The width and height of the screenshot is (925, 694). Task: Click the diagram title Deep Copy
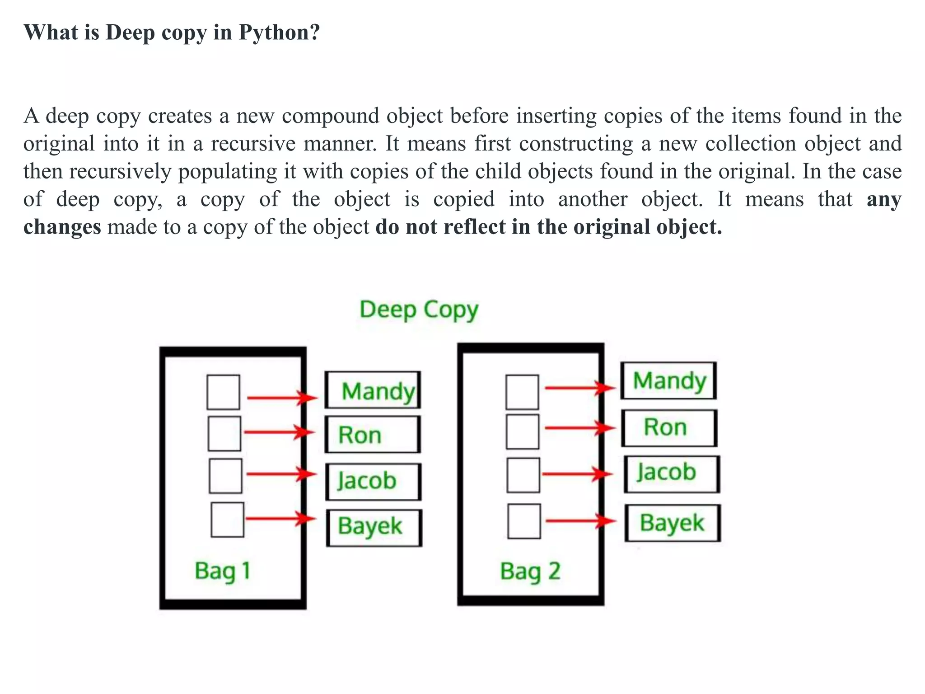point(419,310)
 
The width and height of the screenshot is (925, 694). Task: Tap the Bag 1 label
point(222,571)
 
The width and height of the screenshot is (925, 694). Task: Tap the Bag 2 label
point(530,571)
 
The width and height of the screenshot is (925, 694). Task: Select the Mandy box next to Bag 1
point(373,390)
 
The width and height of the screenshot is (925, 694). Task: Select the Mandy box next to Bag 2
point(668,380)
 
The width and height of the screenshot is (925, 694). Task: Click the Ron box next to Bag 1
point(373,435)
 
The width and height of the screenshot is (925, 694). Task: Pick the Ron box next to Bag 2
point(669,427)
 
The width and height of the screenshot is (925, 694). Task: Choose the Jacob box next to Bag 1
point(374,481)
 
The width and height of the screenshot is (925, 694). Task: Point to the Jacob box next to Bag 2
point(672,474)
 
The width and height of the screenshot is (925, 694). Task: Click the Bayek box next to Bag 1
point(374,527)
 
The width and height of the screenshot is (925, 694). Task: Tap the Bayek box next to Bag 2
point(673,523)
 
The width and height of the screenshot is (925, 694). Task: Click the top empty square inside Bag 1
point(223,392)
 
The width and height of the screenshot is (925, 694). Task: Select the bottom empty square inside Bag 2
point(524,521)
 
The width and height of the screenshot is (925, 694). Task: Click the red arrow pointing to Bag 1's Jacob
point(281,474)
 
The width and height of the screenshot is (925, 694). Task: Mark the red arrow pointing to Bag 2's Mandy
point(579,388)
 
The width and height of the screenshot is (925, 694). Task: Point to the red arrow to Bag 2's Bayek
point(580,521)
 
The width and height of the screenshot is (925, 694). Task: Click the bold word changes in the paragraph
point(62,227)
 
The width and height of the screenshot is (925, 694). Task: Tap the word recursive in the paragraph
point(253,144)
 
